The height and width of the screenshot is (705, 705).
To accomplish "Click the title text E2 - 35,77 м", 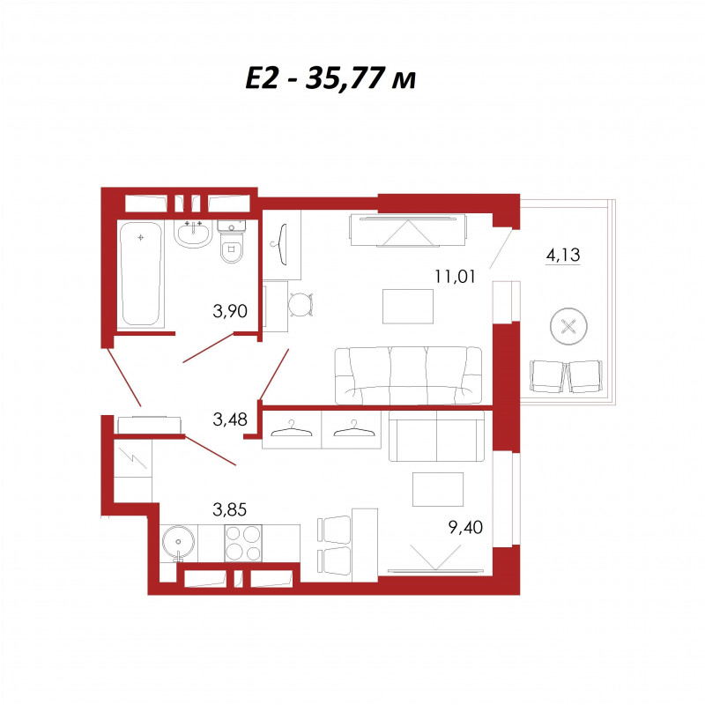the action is (x=330, y=78).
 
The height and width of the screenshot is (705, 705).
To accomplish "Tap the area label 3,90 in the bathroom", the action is (x=230, y=311).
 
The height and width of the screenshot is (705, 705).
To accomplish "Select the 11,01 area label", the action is (x=455, y=276).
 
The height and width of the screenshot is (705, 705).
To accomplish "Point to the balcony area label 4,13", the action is (x=563, y=255).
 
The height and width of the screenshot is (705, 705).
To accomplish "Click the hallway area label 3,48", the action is (x=230, y=419).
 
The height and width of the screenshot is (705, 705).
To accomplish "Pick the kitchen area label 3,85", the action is (x=230, y=510).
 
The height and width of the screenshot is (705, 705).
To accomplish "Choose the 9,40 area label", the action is (x=466, y=527).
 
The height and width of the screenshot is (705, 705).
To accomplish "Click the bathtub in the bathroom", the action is (x=141, y=274).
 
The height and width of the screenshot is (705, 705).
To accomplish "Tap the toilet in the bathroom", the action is (x=232, y=241).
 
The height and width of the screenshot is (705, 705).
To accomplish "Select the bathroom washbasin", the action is (x=193, y=234).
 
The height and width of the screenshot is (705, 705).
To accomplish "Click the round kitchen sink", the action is (x=179, y=543).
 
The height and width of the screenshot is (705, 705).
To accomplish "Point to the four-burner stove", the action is (x=243, y=543).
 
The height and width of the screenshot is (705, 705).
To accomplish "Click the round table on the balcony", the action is (x=568, y=326).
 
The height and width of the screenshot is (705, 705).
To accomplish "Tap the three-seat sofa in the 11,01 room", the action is (x=408, y=375).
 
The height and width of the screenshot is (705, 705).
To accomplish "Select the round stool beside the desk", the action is (x=300, y=304).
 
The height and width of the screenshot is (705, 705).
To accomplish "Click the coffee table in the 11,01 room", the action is (x=408, y=307).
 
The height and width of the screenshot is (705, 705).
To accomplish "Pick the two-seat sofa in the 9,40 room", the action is (x=436, y=436).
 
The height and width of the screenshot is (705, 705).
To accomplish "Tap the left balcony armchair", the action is (x=546, y=377).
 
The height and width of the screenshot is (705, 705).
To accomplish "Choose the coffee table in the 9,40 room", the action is (x=438, y=489).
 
